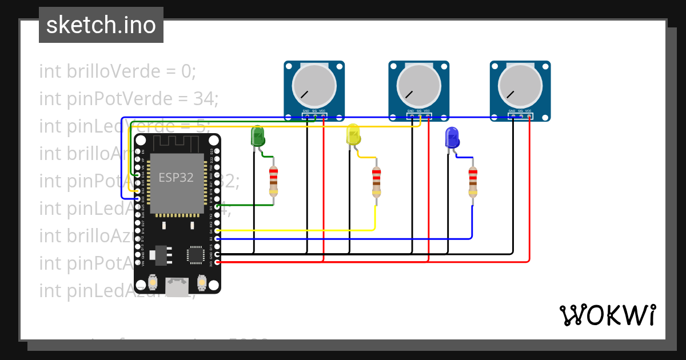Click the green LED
[258, 137]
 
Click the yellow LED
[354, 136]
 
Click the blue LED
[452, 138]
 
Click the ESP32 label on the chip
[176, 178]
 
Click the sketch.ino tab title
[101, 25]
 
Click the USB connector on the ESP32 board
[177, 286]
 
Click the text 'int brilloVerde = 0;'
[118, 71]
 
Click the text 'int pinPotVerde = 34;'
[129, 99]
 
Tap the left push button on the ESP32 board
[153, 282]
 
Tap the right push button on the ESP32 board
[201, 282]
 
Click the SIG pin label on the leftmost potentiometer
[314, 111]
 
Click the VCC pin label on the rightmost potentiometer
[528, 111]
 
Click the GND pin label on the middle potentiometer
[410, 111]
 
